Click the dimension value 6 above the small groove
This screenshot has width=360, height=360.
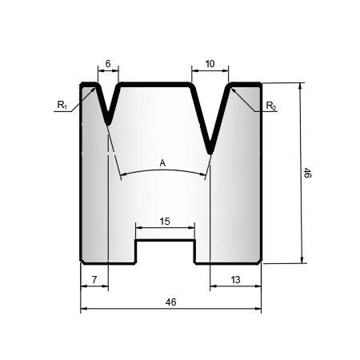[x=108, y=64]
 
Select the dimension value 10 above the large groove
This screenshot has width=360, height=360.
[x=210, y=64]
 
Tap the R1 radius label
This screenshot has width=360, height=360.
[x=62, y=105]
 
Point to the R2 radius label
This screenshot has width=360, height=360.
[x=271, y=106]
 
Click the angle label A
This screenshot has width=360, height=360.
[x=162, y=163]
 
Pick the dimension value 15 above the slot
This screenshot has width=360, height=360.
[x=165, y=222]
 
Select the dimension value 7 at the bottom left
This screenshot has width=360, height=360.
[x=94, y=280]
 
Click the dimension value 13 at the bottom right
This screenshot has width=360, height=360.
[x=235, y=280]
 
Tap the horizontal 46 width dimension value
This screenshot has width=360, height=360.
[x=170, y=302]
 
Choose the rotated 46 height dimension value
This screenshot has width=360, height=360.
[x=307, y=173]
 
